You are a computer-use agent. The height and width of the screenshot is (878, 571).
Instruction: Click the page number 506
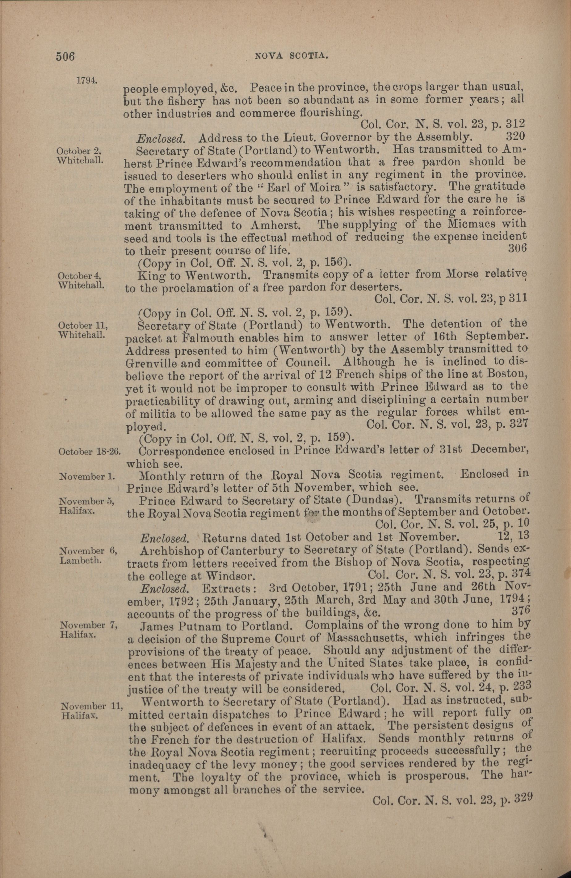[65, 57]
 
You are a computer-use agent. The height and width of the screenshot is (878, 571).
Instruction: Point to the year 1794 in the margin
[87, 80]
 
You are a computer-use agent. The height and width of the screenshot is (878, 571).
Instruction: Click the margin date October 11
[83, 326]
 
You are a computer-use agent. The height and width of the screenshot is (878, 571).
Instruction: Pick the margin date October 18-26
[90, 452]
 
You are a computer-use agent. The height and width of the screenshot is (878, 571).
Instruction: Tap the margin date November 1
[87, 477]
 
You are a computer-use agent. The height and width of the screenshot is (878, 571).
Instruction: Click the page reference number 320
[514, 137]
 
